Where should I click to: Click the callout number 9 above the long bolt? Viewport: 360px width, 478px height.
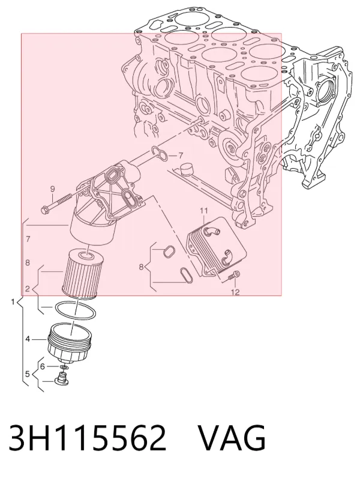pos(52,189)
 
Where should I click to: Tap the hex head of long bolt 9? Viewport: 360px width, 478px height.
pos(46,210)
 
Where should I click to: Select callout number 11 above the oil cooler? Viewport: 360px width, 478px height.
pos(203,210)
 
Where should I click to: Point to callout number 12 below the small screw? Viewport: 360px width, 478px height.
pos(235,292)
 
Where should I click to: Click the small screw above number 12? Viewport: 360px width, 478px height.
pos(234,275)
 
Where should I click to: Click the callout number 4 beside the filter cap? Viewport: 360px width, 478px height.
pos(28,339)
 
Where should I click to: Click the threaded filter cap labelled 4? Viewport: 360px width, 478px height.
pos(70,342)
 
